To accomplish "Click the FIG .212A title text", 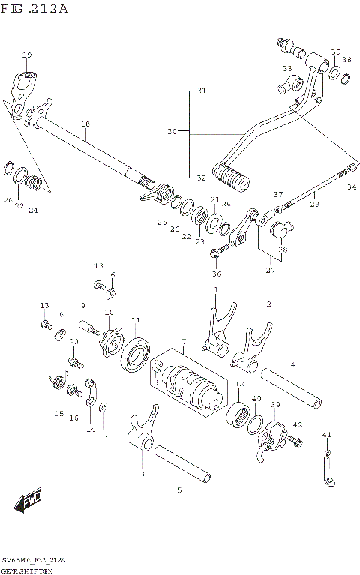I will coord(34,9).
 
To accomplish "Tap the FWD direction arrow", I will coord(30,502).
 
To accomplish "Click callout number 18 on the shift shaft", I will coord(85,124).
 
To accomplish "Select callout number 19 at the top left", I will coord(27,55).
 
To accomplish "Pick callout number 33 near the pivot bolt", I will coord(286,69).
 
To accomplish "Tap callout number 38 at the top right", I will coord(346,59).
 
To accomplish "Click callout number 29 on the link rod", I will coord(314,204).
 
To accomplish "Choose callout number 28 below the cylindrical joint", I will coord(282,250).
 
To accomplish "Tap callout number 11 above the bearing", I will coord(135,321).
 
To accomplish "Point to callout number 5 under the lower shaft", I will coord(178,490).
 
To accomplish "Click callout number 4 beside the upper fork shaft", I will coord(292,364).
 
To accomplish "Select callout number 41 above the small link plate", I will coord(326,434).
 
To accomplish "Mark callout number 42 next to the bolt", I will coord(297,425).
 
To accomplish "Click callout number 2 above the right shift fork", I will coord(268,304).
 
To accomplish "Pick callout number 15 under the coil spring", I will coord(58,413).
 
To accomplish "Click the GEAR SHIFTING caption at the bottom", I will coord(26,571).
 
